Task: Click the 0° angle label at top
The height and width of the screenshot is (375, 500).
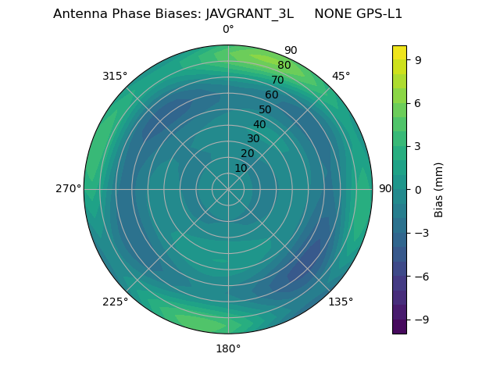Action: pos(228,30)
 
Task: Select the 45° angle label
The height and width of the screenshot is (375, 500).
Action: pos(341,76)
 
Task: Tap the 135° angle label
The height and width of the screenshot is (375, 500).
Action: pos(341,302)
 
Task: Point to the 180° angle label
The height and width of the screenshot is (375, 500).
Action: pos(228,348)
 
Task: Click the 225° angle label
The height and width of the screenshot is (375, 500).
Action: pos(115,302)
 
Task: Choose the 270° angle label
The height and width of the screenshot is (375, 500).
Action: pos(68,189)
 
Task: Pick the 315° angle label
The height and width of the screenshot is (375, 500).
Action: pos(115,76)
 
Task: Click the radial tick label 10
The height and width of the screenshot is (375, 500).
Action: pos(241,168)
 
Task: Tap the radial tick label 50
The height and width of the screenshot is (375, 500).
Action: pos(266,110)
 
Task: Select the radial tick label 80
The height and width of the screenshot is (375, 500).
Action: pos(284,66)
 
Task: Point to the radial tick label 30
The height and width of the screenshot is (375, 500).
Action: pos(253,139)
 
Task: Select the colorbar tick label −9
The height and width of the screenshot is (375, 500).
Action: pos(420,320)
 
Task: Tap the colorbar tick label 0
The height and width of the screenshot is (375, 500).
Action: pos(416,189)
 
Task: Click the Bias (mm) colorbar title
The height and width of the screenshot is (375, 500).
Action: pos(439,189)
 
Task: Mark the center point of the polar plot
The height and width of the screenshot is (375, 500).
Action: pos(228,189)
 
